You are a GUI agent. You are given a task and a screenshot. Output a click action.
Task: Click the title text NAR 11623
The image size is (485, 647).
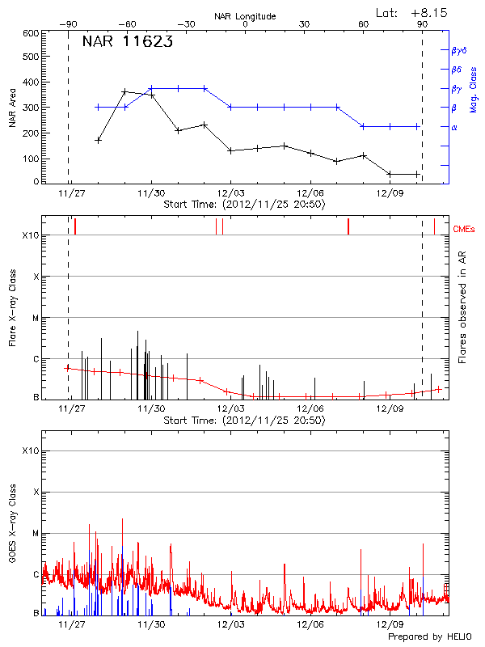coord(127,43)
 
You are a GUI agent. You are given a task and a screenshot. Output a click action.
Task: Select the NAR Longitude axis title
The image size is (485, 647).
coord(245,16)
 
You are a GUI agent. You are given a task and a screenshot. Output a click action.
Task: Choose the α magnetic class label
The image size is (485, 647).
coord(453,127)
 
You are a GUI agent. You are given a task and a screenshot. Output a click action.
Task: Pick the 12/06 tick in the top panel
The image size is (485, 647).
coord(310,193)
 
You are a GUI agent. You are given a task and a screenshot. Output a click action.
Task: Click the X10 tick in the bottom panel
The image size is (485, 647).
coord(30,450)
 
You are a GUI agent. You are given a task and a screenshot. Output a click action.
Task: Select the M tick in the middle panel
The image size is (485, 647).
coord(36,319)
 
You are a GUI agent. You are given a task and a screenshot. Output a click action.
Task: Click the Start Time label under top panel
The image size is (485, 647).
coord(244,205)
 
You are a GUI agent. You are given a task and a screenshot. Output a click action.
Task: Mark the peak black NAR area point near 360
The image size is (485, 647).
coord(124,92)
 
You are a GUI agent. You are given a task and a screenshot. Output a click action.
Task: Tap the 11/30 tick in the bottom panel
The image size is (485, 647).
coord(151,625)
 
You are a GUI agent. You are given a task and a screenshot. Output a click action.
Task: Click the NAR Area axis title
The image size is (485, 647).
coord(11,108)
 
